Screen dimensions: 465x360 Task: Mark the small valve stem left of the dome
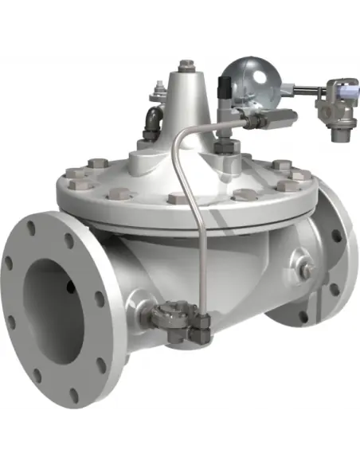point(157,95)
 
